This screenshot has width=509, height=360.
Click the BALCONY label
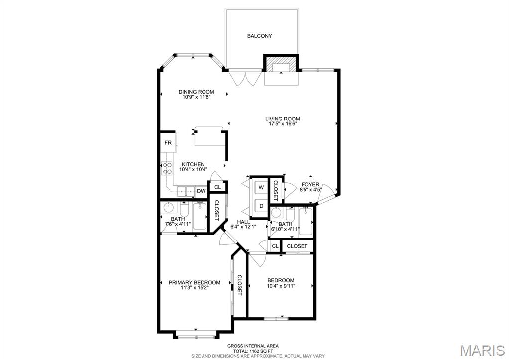pyautogui.click(x=259, y=36)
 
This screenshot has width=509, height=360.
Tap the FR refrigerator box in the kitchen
pyautogui.click(x=168, y=143)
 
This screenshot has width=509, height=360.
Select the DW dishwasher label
pyautogui.click(x=202, y=191)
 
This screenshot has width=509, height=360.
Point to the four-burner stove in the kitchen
pyautogui.click(x=167, y=168)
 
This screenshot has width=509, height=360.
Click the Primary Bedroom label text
pyautogui.click(x=195, y=283)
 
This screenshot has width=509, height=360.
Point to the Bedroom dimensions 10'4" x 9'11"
pyautogui.click(x=281, y=286)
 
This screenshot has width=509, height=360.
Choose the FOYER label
pyautogui.click(x=310, y=185)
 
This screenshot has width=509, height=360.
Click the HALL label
pyautogui.click(x=243, y=222)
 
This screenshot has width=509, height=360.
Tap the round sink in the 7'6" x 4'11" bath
pyautogui.click(x=169, y=207)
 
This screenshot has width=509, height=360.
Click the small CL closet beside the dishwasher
pyautogui.click(x=217, y=187)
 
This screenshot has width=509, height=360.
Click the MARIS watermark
pyautogui.click(x=483, y=350)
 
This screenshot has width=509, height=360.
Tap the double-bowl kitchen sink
pyautogui.click(x=186, y=192)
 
